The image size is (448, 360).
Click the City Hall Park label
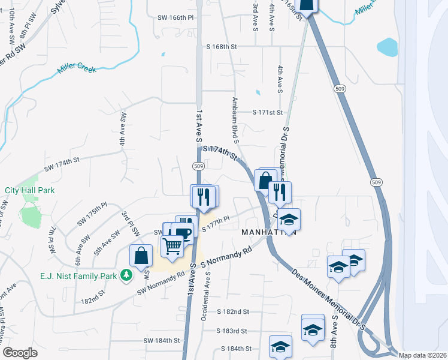pyautogui.click(x=30, y=190)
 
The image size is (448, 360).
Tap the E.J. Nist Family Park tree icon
pyautogui.click(x=126, y=275)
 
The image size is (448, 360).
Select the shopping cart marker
pyautogui.click(x=172, y=246)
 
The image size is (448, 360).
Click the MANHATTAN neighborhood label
pyautogui.click(x=269, y=232)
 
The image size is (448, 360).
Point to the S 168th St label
pyautogui.click(x=222, y=46)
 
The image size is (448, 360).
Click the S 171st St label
pyautogui.click(x=267, y=112)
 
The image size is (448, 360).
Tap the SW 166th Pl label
pyautogui.click(x=176, y=18)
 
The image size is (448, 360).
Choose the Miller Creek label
pyautogui.click(x=77, y=69)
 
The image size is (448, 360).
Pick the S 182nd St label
pyautogui.click(x=233, y=312)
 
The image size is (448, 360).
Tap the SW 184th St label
pyautogui.click(x=162, y=340)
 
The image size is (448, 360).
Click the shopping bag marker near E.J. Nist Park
pyautogui.click(x=141, y=255)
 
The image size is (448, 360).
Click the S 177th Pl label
pyautogui.click(x=216, y=223)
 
